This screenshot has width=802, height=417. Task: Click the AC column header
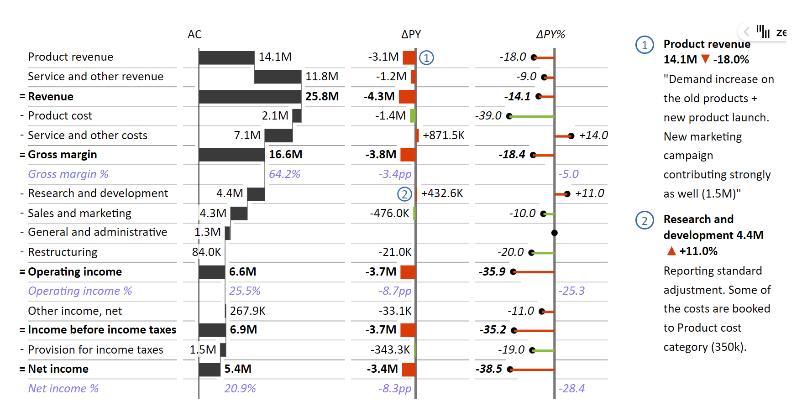pyautogui.click(x=194, y=35)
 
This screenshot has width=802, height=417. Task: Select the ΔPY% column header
pyautogui.click(x=550, y=35)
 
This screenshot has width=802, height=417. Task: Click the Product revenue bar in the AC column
pyautogui.click(x=226, y=57)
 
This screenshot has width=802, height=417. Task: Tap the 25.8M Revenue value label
pyautogui.click(x=322, y=97)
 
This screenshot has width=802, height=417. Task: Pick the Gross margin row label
pyautogui.click(x=62, y=155)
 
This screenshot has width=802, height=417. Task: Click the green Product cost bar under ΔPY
pyautogui.click(x=413, y=116)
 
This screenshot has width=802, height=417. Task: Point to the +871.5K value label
pyautogui.click(x=444, y=136)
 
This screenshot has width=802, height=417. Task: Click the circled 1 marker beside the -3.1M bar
pyautogui.click(x=426, y=58)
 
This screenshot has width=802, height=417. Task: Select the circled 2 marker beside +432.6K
pyautogui.click(x=404, y=194)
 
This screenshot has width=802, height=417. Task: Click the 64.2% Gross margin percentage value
pyautogui.click(x=284, y=174)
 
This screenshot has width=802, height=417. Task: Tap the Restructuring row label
pyautogui.click(x=63, y=252)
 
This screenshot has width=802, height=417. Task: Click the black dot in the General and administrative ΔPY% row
pyautogui.click(x=555, y=233)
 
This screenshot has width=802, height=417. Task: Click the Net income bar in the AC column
pyautogui.click(x=210, y=370)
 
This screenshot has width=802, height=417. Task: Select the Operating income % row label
pyautogui.click(x=80, y=291)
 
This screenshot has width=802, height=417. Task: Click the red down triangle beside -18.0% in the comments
pyautogui.click(x=705, y=59)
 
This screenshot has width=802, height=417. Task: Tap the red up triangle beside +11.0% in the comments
pyautogui.click(x=671, y=251)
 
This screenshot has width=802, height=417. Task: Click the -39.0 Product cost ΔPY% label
pyautogui.click(x=488, y=116)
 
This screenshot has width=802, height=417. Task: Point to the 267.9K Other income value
pyautogui.click(x=247, y=311)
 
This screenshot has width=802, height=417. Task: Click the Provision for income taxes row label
pyautogui.click(x=95, y=350)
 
